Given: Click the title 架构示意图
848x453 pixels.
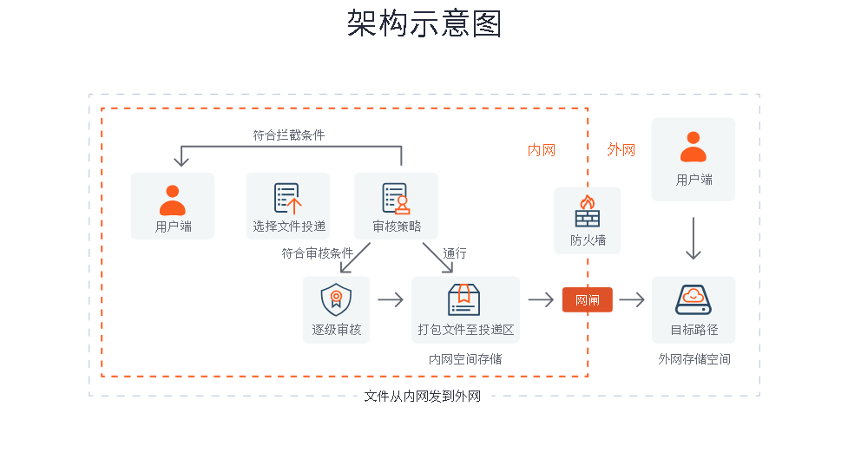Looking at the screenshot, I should click(424, 24).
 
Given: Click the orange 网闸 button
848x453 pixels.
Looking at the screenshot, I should click(587, 299).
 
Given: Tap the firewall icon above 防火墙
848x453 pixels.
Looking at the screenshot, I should click(588, 211).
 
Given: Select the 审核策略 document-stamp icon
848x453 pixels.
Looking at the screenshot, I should click(396, 199).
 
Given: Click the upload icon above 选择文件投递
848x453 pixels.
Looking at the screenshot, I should click(287, 199).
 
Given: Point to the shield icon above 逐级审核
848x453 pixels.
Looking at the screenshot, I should click(336, 299).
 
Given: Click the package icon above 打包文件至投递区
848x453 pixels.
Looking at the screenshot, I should click(464, 299).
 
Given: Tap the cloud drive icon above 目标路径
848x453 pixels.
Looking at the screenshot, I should click(693, 299).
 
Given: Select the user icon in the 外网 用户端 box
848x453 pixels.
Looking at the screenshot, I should click(693, 147).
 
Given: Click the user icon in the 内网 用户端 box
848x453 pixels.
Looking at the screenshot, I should click(172, 200).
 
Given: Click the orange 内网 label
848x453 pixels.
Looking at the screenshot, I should click(542, 150).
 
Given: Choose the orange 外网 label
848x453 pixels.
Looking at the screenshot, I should click(621, 150).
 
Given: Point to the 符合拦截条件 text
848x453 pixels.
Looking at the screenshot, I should click(289, 135).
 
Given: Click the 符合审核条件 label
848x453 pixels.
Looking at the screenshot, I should click(317, 253).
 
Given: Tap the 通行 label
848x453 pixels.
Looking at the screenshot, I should click(455, 253).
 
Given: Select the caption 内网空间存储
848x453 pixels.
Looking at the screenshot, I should click(465, 358).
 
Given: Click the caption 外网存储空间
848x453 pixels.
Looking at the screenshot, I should click(694, 358).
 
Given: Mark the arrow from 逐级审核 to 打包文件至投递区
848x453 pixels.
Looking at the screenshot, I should click(391, 299).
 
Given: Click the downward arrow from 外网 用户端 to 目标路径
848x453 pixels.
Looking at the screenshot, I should click(693, 239).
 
